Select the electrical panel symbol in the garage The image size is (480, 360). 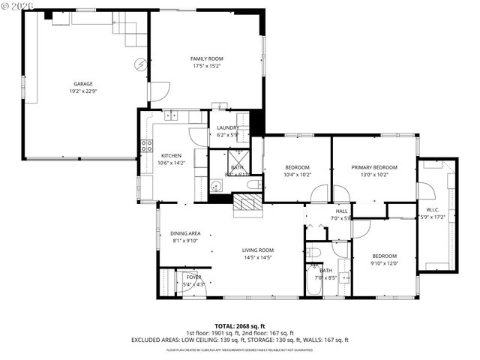(139, 64)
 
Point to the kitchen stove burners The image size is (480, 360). (145, 145)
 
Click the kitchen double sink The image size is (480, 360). (172, 116)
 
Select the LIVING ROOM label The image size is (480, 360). (257, 250)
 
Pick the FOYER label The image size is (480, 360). (193, 277)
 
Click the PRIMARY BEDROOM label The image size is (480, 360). (374, 166)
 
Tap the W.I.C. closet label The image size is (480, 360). (432, 209)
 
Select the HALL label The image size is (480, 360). (341, 211)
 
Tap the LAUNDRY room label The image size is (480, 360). (227, 128)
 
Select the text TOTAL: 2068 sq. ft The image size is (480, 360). (240, 326)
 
